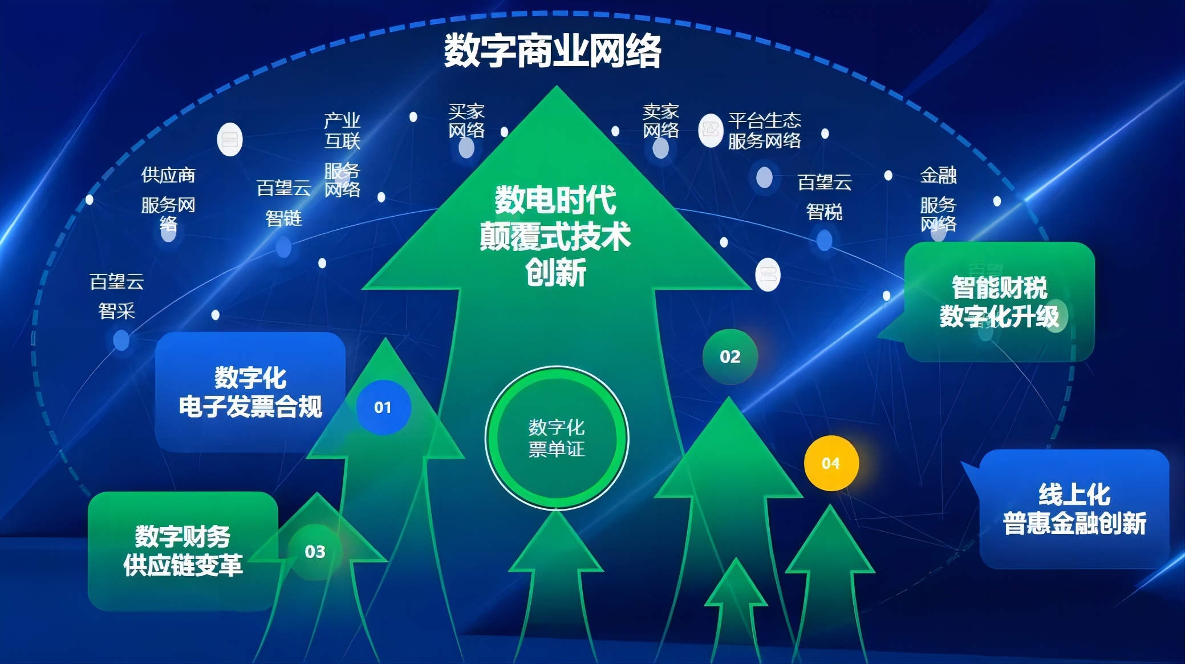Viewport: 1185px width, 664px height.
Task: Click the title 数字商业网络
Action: [x=553, y=50]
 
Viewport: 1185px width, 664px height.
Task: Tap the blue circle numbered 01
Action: [x=383, y=407]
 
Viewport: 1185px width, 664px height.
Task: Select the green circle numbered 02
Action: [x=730, y=357]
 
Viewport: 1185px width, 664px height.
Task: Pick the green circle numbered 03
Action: [x=315, y=552]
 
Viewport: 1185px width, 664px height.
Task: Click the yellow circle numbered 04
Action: [x=831, y=463]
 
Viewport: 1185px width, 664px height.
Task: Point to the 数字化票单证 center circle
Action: [x=557, y=438]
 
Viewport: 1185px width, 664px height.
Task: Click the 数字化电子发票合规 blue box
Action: [x=250, y=392]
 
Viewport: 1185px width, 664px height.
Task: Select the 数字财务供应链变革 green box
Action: [x=183, y=551]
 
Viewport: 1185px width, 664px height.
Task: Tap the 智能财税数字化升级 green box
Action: [x=999, y=302]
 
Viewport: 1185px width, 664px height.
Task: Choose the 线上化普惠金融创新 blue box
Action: [x=1074, y=509]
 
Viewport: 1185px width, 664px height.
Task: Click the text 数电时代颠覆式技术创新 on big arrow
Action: [x=555, y=236]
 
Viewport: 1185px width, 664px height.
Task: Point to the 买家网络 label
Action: [x=466, y=121]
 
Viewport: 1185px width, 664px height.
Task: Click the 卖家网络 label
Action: [x=661, y=121]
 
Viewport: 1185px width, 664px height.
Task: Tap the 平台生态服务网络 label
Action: [x=765, y=131]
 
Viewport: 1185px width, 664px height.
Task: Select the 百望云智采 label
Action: [x=117, y=296]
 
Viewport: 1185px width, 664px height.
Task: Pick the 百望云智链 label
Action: [x=284, y=203]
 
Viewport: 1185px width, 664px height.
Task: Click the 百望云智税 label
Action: [x=825, y=197]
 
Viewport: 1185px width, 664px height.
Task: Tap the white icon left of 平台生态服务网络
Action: [x=711, y=130]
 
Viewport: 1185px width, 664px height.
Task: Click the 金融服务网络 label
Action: [x=938, y=199]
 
